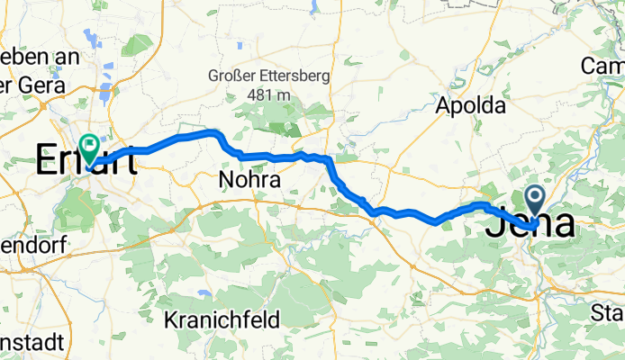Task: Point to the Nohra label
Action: click(x=249, y=181)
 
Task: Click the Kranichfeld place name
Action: click(x=222, y=319)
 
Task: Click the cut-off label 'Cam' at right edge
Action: click(x=602, y=66)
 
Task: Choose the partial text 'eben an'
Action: click(x=41, y=56)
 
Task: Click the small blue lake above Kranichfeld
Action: click(x=206, y=293)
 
